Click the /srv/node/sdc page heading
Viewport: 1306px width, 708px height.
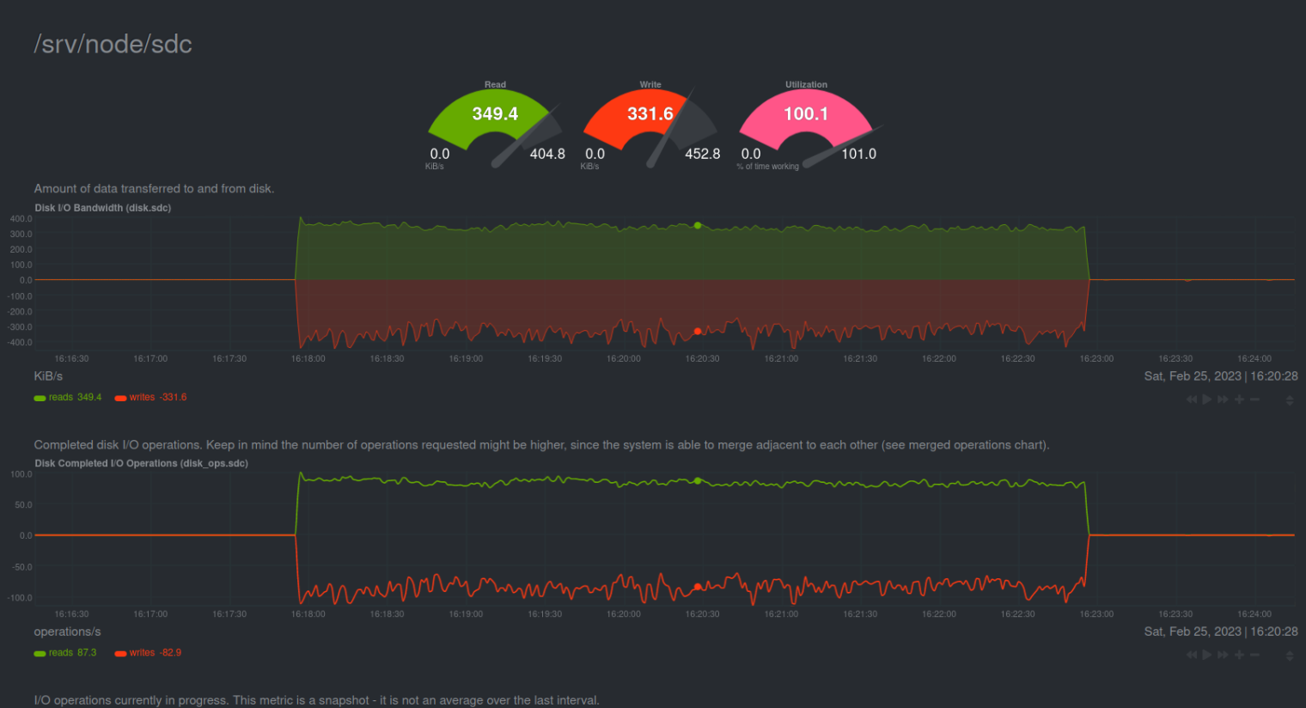[113, 45]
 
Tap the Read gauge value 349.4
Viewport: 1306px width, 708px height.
[495, 113]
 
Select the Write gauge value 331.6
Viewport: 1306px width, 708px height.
[650, 113]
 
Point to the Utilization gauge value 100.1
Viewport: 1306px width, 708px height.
[806, 113]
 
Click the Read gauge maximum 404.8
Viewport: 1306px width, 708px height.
[547, 154]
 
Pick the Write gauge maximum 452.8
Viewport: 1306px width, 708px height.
[702, 154]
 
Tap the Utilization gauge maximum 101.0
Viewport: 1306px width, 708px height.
[858, 154]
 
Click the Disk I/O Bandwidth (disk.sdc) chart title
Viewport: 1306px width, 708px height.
[103, 208]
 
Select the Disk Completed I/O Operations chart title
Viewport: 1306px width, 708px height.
[142, 463]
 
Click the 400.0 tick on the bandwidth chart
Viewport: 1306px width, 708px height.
[21, 219]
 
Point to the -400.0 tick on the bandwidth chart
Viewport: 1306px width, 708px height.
[21, 343]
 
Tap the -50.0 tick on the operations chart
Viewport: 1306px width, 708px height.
[21, 567]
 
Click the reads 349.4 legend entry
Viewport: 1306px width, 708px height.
[68, 397]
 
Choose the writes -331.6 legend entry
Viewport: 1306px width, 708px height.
[151, 397]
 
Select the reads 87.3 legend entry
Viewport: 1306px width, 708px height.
[65, 653]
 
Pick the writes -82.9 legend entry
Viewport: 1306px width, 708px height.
[149, 653]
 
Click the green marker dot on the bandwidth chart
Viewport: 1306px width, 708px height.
[698, 226]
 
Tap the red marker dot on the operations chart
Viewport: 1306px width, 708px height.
[698, 587]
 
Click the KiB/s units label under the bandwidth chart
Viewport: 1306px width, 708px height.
[48, 376]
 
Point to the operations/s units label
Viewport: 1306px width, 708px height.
[67, 632]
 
